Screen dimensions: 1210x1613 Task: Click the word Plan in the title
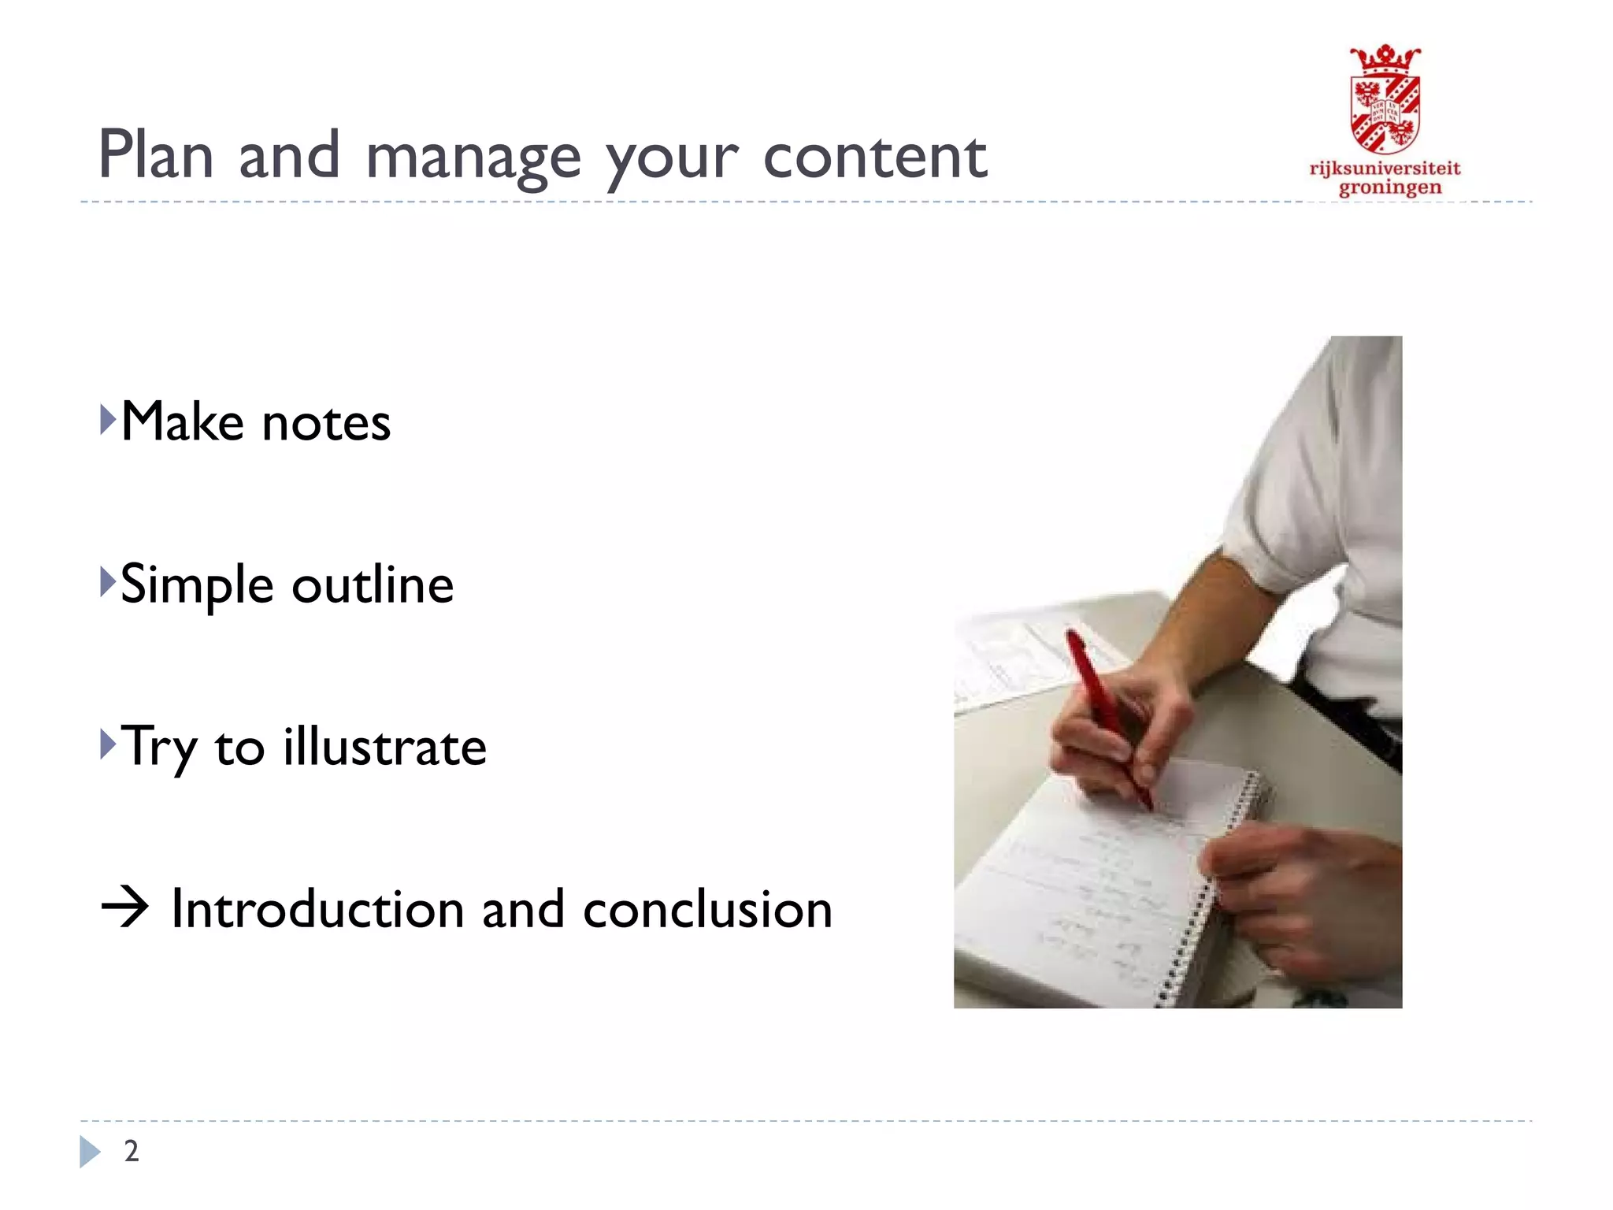[x=156, y=155]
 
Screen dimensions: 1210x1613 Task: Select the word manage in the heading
[x=473, y=158]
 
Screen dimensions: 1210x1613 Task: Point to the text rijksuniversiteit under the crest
[x=1385, y=169]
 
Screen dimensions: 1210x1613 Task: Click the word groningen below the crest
[x=1390, y=188]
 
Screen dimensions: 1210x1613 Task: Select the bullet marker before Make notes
[x=108, y=420]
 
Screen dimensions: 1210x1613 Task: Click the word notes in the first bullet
[x=326, y=423]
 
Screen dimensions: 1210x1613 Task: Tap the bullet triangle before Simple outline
[x=108, y=582]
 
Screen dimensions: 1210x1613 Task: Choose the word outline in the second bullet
[x=373, y=585]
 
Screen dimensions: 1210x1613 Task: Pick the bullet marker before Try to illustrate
[x=108, y=744]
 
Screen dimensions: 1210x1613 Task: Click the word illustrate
[x=384, y=747]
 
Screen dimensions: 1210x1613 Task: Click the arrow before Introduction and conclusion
[x=124, y=908]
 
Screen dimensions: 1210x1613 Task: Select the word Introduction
[x=317, y=909]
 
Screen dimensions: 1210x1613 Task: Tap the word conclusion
[x=707, y=909]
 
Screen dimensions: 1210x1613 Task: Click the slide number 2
[x=132, y=1151]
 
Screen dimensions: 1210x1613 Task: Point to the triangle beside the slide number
[x=90, y=1152]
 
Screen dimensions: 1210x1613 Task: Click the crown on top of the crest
[x=1385, y=58]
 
